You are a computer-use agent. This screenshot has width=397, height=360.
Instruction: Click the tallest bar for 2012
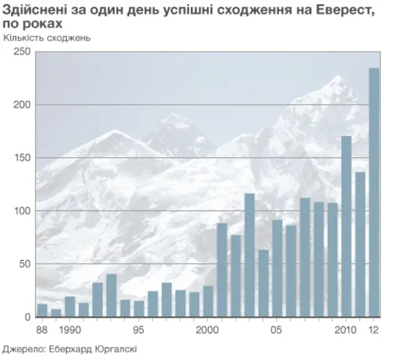point(374,192)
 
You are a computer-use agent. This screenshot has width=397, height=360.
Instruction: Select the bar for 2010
point(346,227)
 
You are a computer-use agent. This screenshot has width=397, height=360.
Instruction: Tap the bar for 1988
point(42,310)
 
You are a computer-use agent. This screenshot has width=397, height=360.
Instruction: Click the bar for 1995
point(139,309)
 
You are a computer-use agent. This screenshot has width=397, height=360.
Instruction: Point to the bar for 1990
point(69,307)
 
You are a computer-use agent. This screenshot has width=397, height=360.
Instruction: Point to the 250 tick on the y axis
point(23,52)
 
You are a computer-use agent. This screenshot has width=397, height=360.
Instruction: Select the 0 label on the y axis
point(28,317)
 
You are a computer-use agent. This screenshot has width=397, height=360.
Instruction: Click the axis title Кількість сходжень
point(47,37)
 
